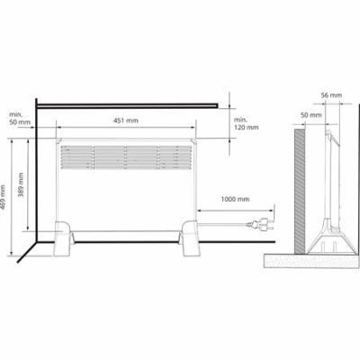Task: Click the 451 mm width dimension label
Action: (126, 121)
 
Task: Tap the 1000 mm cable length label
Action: (235, 199)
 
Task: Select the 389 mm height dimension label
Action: (21, 184)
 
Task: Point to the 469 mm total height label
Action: (3, 197)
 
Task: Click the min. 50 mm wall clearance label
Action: (20, 119)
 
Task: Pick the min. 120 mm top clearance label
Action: (246, 123)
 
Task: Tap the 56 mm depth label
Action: (331, 95)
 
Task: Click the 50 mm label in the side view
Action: (311, 115)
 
